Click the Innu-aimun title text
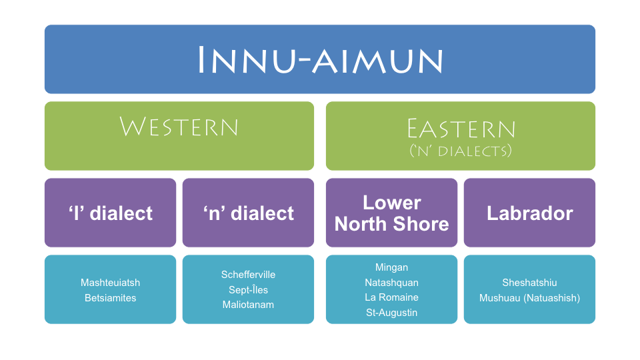[x=320, y=60]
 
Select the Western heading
[x=179, y=127]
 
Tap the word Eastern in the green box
[x=461, y=129]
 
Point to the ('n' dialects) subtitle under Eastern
[x=461, y=151]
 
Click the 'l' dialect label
[x=111, y=213]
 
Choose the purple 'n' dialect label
[x=249, y=213]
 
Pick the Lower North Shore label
[x=392, y=213]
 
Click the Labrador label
[x=530, y=213]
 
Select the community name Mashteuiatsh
[x=110, y=283]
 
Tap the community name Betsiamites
[x=110, y=297]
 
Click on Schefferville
[x=248, y=274]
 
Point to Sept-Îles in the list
[x=248, y=289]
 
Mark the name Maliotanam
[x=248, y=305]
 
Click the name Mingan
[x=392, y=267]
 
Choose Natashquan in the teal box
[x=392, y=283]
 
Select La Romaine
[x=392, y=297]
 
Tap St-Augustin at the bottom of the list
[x=392, y=313]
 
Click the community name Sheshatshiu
[x=529, y=283]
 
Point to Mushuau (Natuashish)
[x=529, y=298]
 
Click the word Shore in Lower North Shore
[x=421, y=224]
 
